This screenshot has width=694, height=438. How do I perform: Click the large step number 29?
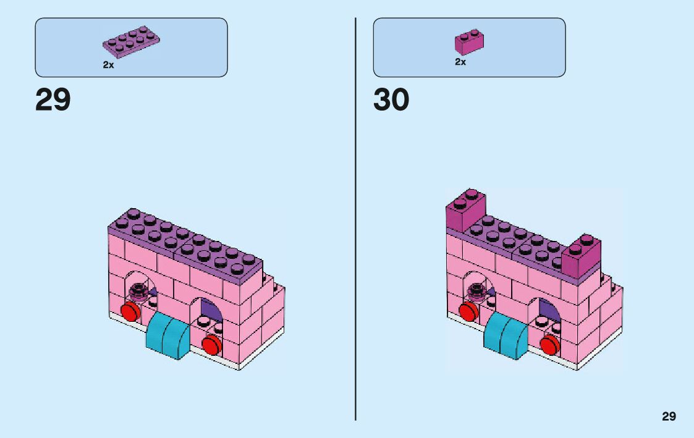click(53, 100)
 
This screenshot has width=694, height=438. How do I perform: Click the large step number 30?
click(391, 100)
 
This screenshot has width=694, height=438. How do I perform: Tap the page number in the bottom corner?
click(669, 416)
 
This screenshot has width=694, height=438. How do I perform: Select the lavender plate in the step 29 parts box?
click(131, 42)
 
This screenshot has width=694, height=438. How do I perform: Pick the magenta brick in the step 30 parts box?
click(469, 41)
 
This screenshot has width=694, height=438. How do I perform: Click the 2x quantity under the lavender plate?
click(108, 64)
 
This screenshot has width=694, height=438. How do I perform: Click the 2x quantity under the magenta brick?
click(460, 62)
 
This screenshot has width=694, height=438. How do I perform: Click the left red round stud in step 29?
click(130, 311)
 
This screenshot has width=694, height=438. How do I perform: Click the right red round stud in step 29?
click(211, 345)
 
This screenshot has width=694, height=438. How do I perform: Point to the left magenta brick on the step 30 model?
click(466, 211)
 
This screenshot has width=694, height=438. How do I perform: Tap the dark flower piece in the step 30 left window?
click(477, 288)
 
